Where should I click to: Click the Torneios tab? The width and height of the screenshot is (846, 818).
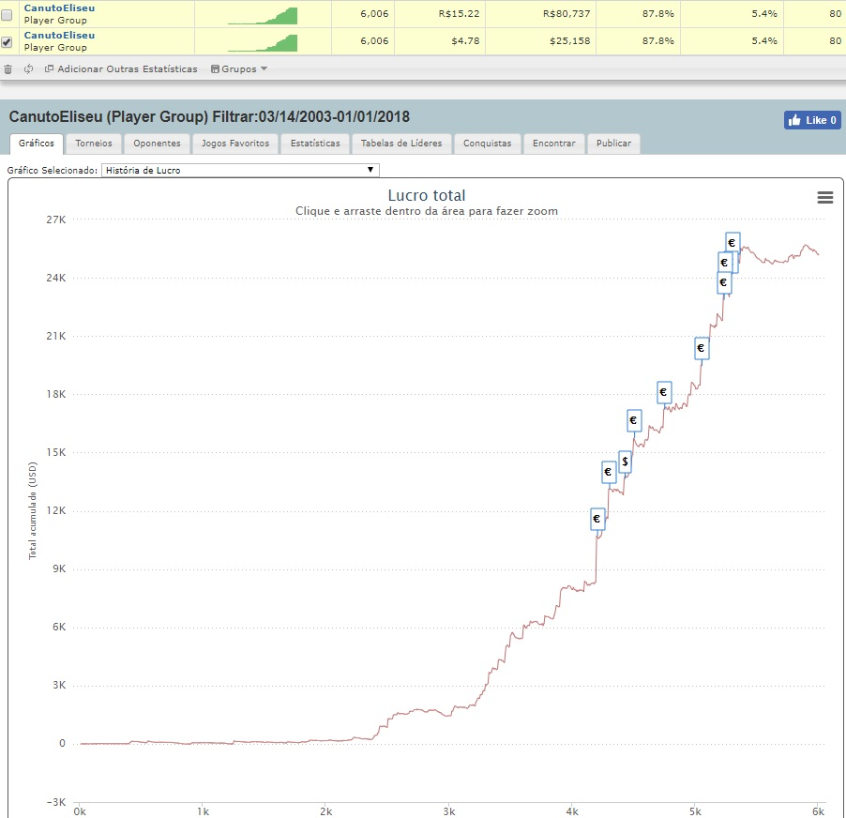pos(94,144)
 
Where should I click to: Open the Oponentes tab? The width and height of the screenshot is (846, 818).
pos(157,144)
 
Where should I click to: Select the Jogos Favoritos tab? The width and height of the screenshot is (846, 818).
pos(235,144)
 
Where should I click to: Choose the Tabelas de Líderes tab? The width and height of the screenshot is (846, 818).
pos(401,144)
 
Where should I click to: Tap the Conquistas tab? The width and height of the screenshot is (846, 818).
pos(487,144)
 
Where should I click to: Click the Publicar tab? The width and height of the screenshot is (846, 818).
pos(613,144)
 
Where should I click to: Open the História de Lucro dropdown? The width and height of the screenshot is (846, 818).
pos(240,170)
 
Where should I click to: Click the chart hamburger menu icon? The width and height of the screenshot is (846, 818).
pos(825,198)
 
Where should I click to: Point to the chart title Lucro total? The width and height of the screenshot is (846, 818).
pos(426,195)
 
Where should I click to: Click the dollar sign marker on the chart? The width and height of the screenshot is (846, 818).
pos(625,462)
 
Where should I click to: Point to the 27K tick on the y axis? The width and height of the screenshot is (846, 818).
pos(56,220)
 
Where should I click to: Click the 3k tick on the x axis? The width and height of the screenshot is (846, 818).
pos(449,811)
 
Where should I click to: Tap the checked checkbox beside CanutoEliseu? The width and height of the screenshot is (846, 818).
pos(7,42)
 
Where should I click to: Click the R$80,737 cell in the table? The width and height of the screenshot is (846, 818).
pos(567,13)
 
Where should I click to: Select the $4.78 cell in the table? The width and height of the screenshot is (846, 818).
pos(465,41)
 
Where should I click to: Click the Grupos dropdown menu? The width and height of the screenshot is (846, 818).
pos(239,69)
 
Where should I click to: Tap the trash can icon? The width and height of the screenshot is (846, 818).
pos(8,69)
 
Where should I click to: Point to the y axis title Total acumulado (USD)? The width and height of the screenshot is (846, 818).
pos(33,510)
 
